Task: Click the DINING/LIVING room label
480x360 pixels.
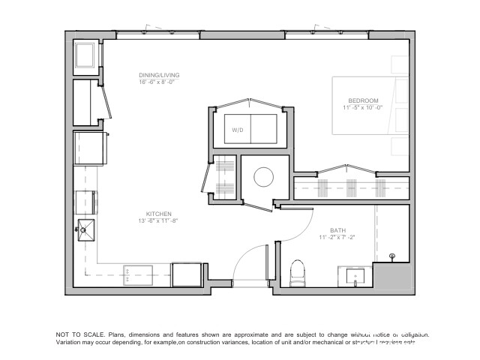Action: click(159, 75)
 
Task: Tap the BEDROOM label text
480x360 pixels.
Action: click(363, 100)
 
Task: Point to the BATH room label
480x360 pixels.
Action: click(337, 230)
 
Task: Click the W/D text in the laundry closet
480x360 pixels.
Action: click(237, 130)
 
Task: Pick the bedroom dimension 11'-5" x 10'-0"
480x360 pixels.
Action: click(363, 108)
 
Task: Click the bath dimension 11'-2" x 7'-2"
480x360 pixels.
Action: click(337, 238)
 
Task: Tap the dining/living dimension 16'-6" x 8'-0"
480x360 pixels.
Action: click(159, 82)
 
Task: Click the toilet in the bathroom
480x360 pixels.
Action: click(297, 272)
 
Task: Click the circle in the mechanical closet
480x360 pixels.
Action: click(264, 177)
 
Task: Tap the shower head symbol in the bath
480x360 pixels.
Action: click(392, 257)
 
